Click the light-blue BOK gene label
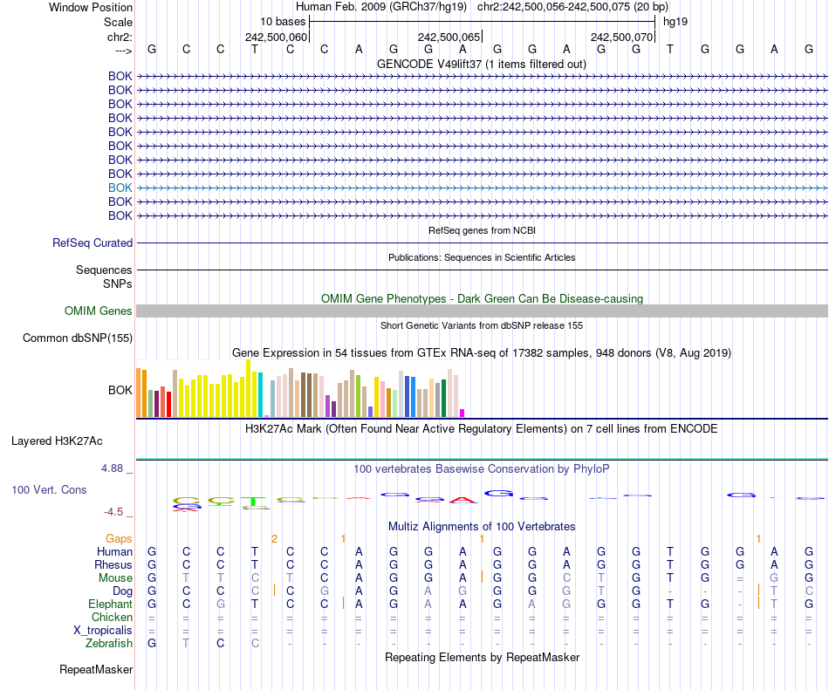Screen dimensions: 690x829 (x=120, y=188)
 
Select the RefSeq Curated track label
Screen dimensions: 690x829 (x=92, y=243)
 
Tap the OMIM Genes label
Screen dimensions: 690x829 (x=99, y=311)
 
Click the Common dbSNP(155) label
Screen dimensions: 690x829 (x=78, y=338)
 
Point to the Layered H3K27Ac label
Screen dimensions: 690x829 (x=57, y=441)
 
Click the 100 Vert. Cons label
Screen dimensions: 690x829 (x=49, y=490)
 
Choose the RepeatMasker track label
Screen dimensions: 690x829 (x=96, y=670)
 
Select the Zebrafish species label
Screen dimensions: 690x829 (x=109, y=644)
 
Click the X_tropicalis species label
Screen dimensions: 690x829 (x=103, y=631)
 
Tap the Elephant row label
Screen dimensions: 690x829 (x=110, y=605)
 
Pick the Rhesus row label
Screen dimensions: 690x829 (x=113, y=565)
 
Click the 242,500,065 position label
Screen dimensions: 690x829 (x=449, y=38)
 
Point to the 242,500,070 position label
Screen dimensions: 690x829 (x=622, y=38)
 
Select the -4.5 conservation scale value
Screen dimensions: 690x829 (x=118, y=512)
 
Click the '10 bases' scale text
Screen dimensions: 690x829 (x=282, y=21)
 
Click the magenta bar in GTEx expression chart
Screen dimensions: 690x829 (x=462, y=413)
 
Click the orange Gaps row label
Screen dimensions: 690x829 (x=120, y=539)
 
